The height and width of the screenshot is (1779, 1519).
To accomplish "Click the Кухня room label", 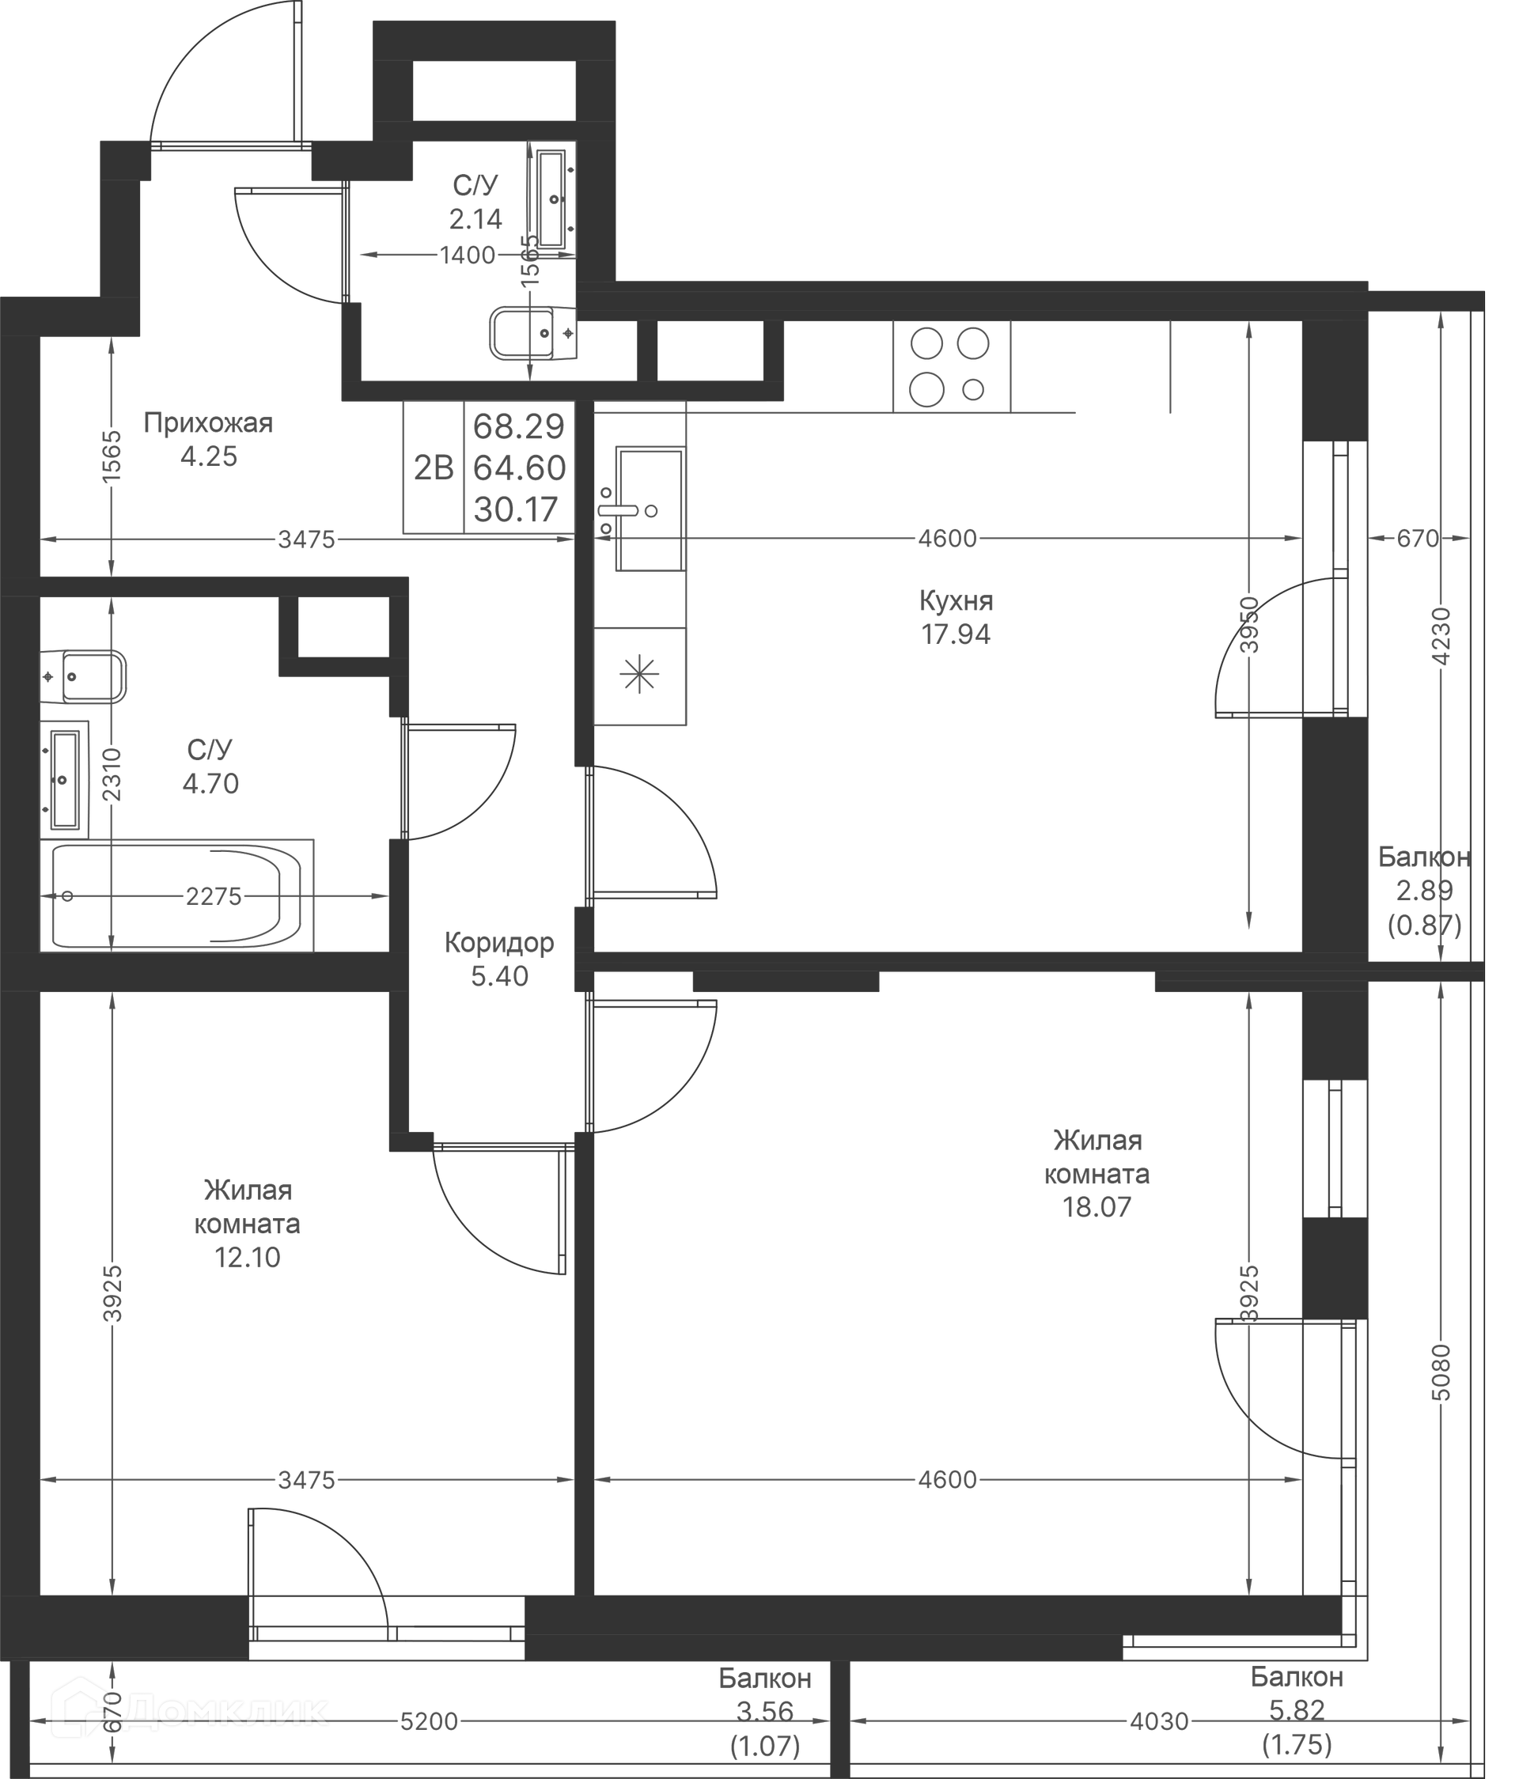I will pos(955,601).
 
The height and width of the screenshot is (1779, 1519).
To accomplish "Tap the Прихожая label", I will pos(208,423).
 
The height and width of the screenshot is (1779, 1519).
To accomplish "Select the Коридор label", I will pos(499,943).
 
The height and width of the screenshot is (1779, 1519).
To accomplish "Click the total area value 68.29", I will pos(519,426).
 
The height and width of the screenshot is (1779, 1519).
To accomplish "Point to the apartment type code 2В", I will pos(434,468).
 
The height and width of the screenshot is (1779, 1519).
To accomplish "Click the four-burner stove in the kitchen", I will pos(950,366).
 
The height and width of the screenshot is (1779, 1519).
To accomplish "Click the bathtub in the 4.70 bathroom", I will pos(176,895).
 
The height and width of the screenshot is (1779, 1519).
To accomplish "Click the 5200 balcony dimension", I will pos(429,1720).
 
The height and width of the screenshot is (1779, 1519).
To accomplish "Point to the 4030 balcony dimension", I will pos(1158,1720).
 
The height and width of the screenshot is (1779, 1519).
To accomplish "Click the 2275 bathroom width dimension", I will pos(214,896).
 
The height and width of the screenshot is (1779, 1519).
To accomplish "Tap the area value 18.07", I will pos(1097,1207).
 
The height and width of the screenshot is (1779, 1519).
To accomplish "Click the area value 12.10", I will pos(248,1257).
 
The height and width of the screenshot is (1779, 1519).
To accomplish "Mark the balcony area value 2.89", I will pos(1424,891).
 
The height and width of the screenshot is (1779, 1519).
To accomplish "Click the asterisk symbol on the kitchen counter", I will pos(640,674).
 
